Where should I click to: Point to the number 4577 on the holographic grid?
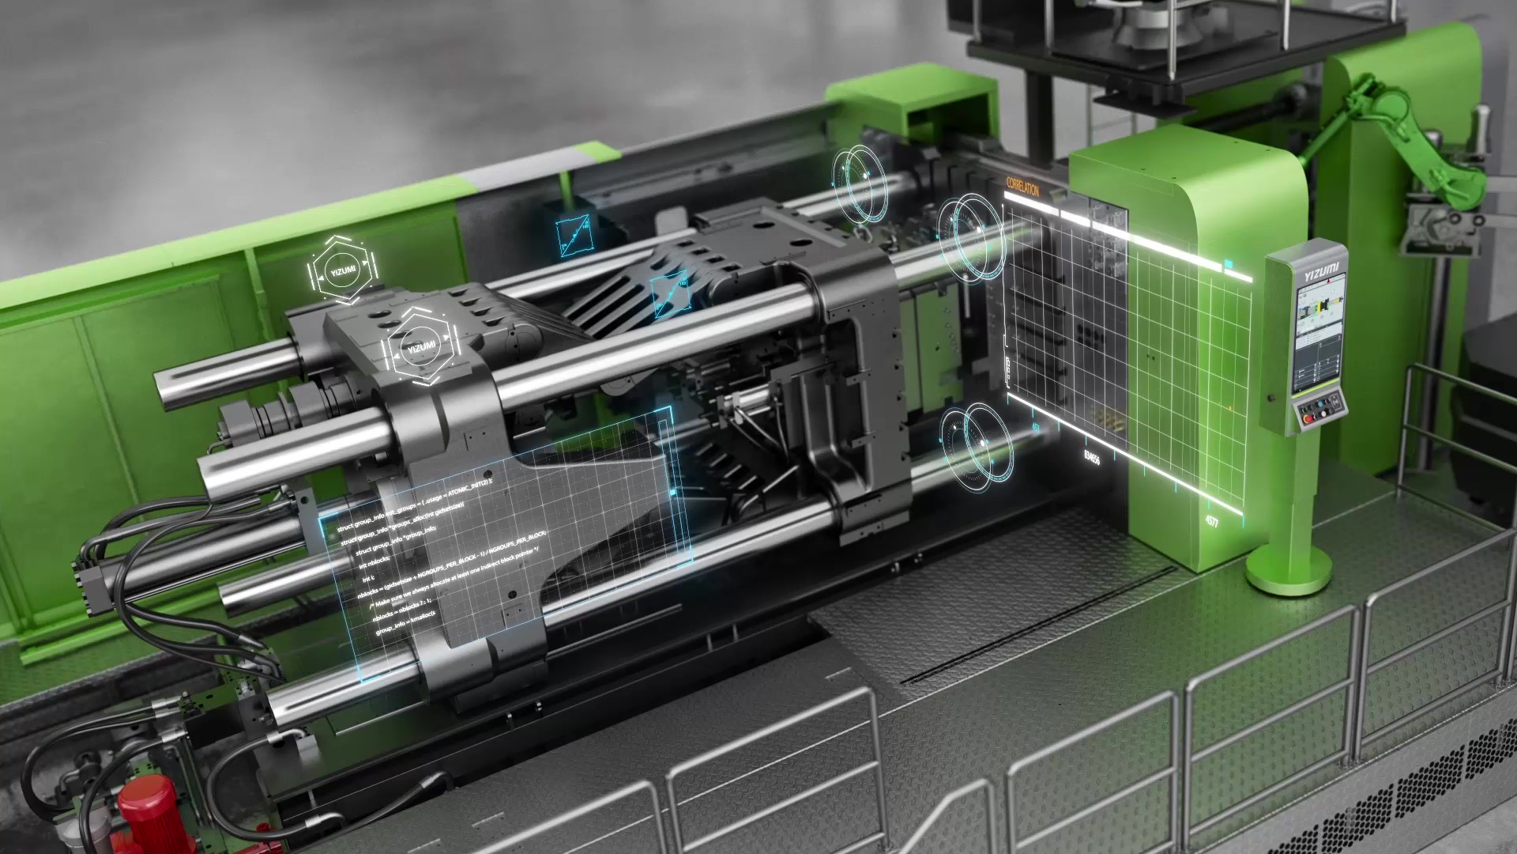(x=1211, y=521)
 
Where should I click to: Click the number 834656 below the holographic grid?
(x=1091, y=456)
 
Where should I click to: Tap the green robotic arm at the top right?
(x=1414, y=134)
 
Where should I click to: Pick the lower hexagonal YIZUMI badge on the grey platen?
(x=420, y=347)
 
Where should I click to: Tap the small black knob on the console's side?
(x=1270, y=397)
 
